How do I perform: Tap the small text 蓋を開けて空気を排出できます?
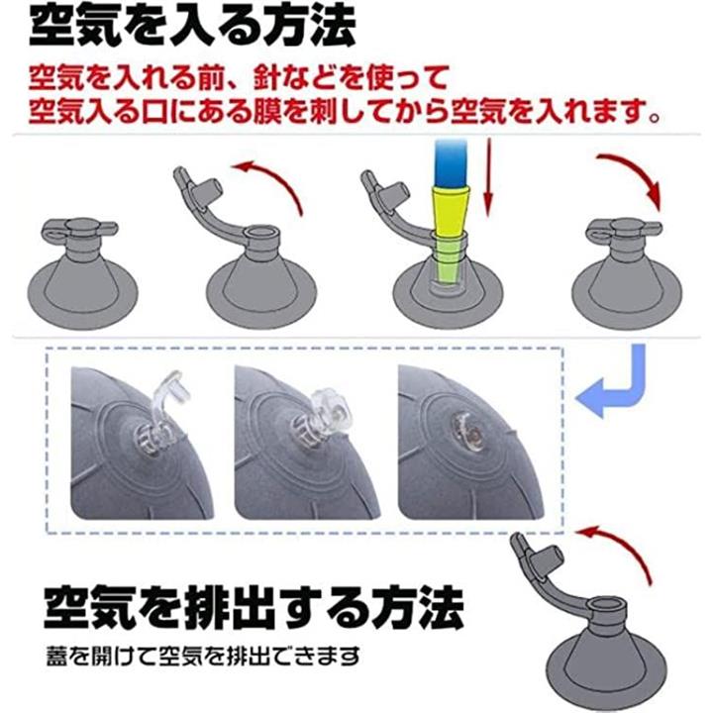203,656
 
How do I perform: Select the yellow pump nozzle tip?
450,211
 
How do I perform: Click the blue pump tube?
451,162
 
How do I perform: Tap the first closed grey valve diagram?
82,273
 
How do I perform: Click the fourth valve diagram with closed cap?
626,273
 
